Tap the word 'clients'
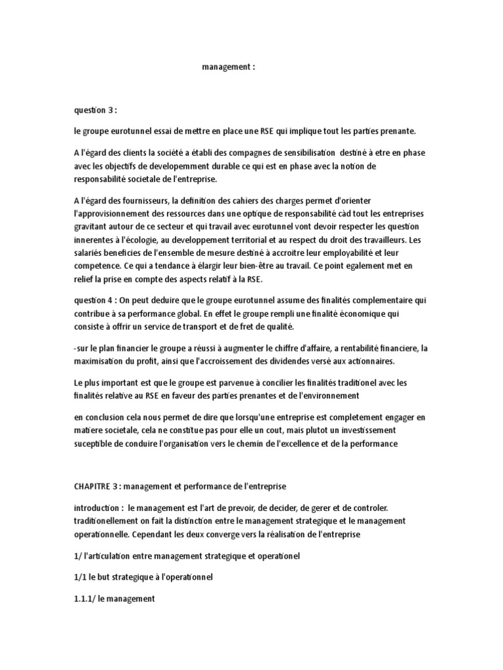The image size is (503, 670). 148,152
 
